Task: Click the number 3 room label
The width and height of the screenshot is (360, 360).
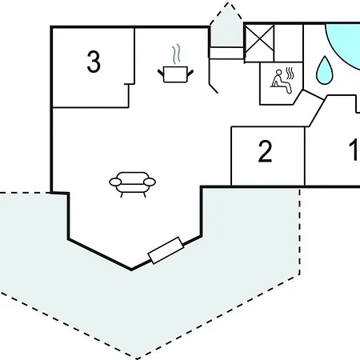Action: (94, 62)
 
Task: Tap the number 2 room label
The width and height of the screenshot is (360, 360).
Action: (265, 151)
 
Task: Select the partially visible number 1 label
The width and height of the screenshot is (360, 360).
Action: (354, 150)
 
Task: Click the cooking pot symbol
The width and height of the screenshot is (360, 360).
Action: (175, 74)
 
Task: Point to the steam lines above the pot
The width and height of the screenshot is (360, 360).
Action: (176, 54)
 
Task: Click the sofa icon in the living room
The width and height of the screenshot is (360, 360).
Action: (133, 185)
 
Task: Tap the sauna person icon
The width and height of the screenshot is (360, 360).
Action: (282, 82)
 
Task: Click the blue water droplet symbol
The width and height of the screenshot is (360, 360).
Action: (324, 70)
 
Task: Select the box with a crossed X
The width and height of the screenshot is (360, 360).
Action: (259, 43)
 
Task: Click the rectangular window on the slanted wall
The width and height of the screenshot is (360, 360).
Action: (166, 250)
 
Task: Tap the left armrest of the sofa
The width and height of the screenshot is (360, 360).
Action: (115, 182)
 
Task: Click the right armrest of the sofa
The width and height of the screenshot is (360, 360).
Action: (150, 182)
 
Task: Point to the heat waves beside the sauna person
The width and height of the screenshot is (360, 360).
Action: (290, 74)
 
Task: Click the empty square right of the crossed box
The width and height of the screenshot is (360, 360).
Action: (289, 43)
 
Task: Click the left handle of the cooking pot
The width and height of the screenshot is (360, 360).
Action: (161, 73)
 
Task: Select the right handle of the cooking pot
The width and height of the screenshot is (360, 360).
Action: (190, 73)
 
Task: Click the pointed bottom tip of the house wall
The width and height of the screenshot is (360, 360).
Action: (131, 270)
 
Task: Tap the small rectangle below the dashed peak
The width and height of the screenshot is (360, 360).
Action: (226, 53)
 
